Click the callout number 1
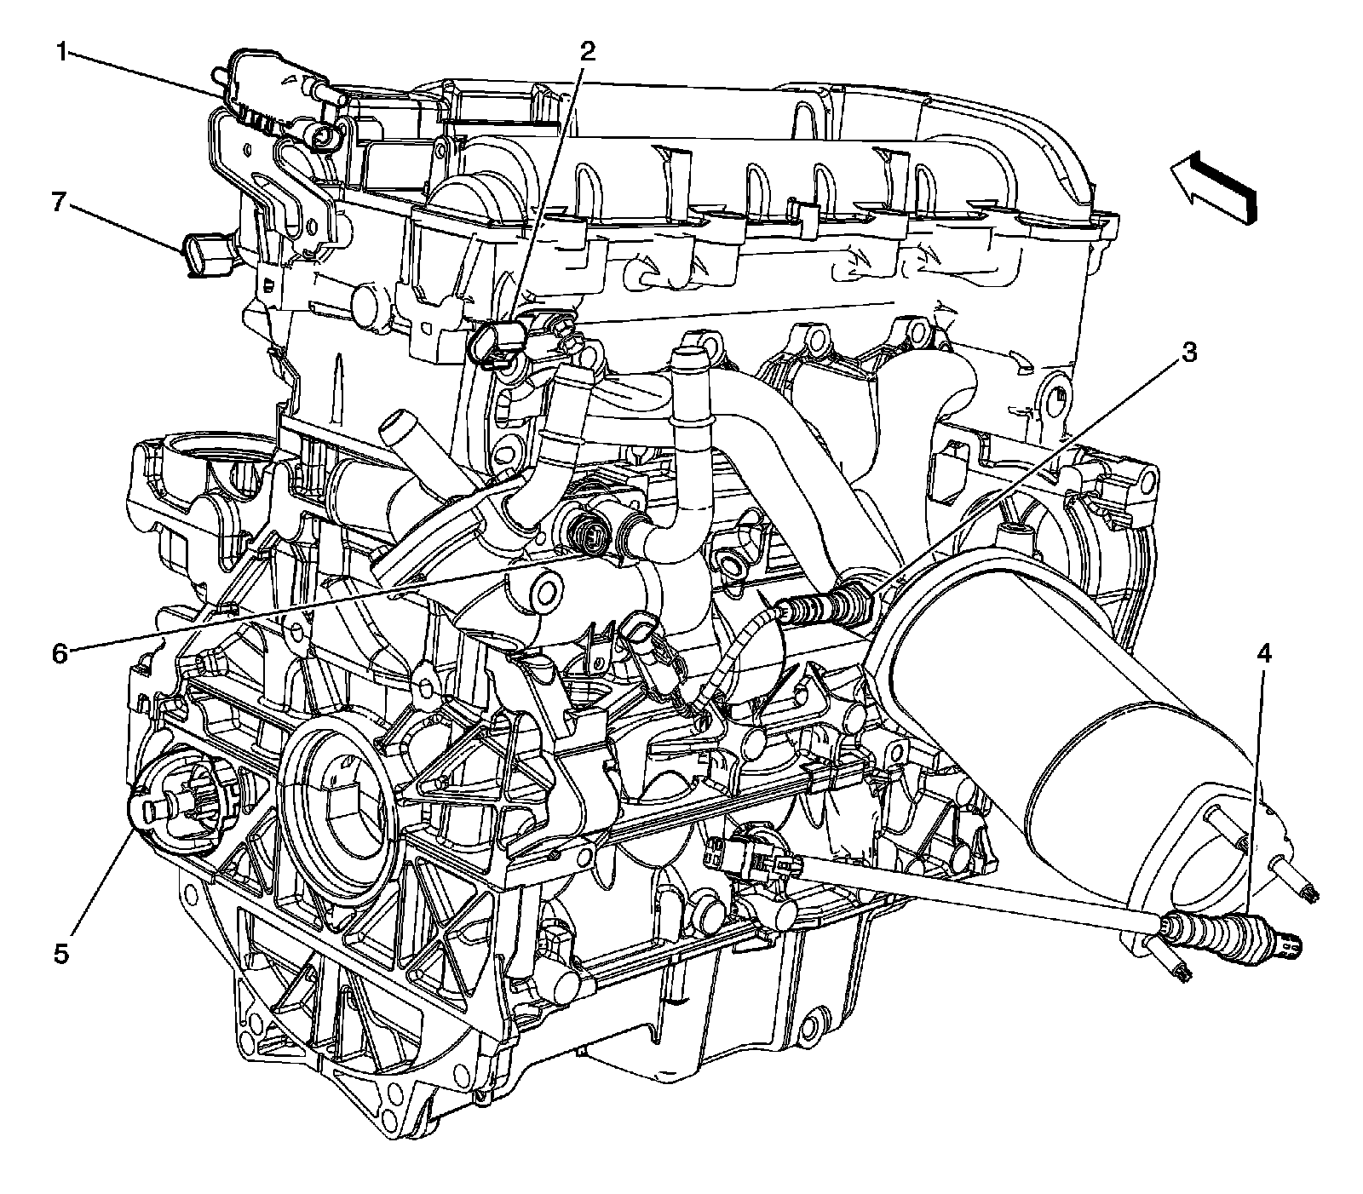coord(61,53)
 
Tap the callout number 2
coord(587,53)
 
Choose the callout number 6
coord(58,653)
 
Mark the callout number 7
coord(58,202)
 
